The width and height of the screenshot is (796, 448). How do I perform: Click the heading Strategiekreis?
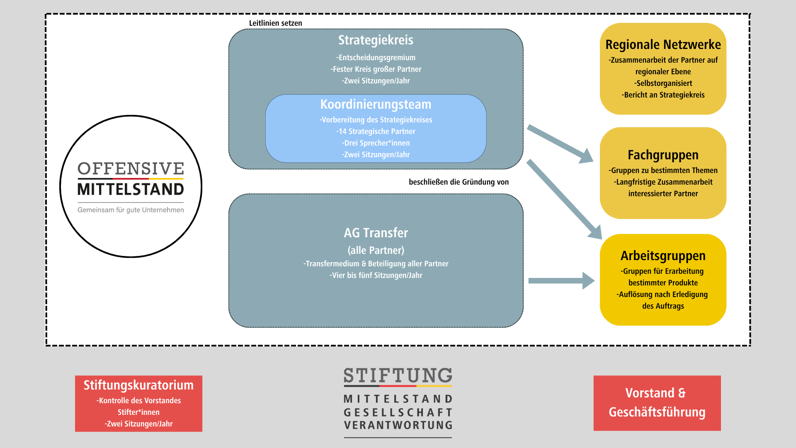(x=376, y=40)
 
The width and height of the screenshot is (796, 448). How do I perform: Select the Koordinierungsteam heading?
(x=376, y=105)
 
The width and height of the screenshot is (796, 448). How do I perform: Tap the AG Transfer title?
(x=376, y=233)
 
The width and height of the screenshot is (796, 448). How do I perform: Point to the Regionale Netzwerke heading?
(x=663, y=45)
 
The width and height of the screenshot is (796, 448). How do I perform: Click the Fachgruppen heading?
(x=663, y=155)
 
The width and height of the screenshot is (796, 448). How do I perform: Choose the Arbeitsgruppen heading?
(x=663, y=256)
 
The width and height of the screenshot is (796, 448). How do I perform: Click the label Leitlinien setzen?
(x=275, y=23)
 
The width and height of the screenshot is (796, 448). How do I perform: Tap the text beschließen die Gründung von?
(x=459, y=182)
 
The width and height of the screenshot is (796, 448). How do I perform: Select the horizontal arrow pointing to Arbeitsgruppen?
(x=560, y=281)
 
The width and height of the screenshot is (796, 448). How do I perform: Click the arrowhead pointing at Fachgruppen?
(x=586, y=157)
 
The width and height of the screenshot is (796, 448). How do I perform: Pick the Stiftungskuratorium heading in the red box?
(x=138, y=385)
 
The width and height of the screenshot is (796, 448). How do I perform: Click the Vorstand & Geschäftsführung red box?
(x=657, y=403)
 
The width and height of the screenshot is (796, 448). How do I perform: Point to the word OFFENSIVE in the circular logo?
(x=131, y=169)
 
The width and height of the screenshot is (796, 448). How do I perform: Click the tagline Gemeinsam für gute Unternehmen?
(x=131, y=210)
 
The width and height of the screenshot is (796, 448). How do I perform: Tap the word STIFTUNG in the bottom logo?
(x=398, y=376)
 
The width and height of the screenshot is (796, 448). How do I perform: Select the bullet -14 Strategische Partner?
(x=376, y=131)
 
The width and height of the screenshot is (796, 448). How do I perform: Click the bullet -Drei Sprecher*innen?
(x=376, y=143)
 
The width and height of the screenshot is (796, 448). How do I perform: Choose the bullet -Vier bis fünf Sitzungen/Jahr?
(x=376, y=275)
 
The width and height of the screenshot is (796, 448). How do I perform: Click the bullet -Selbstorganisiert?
(x=663, y=83)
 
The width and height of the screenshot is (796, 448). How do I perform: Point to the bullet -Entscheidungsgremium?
(x=376, y=58)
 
